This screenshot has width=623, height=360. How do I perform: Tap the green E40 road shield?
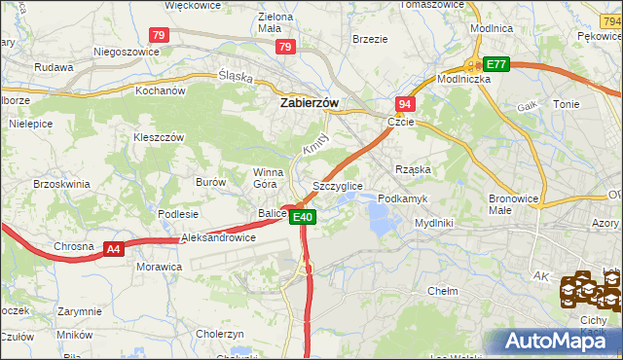[303, 217]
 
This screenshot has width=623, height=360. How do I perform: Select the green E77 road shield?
[496, 64]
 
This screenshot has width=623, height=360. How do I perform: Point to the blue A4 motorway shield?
[114, 249]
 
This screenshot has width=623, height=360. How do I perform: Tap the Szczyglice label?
[338, 185]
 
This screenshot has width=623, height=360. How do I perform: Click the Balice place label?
[272, 213]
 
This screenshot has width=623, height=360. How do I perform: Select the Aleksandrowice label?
[218, 236]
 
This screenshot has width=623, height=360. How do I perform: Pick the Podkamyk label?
[402, 198]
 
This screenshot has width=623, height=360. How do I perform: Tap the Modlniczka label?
[463, 80]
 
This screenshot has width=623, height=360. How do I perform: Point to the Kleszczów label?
[159, 137]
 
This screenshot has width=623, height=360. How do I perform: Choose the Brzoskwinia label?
[61, 183]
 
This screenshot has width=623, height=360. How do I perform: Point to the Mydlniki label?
[433, 222]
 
